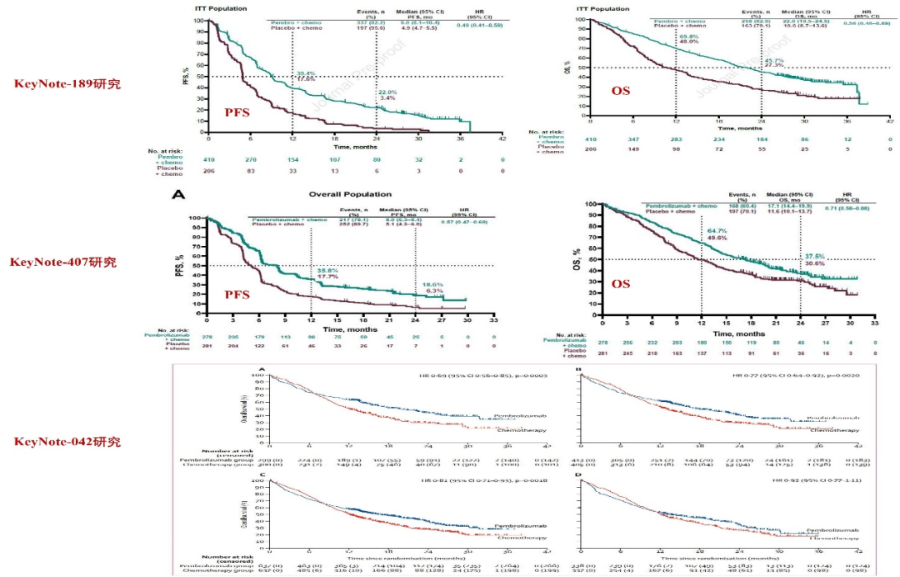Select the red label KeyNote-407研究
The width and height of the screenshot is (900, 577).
(63, 263)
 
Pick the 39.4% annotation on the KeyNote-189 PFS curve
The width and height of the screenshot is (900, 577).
(305, 73)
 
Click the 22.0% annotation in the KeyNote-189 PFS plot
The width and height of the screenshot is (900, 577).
(387, 92)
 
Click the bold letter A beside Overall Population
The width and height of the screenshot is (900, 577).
(177, 194)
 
